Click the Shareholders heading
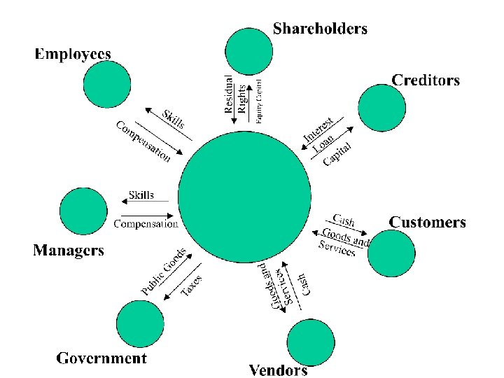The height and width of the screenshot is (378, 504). point(320,29)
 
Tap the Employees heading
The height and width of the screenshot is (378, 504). point(73,53)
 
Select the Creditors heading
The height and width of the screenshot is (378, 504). point(426,80)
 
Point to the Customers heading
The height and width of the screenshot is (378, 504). point(427,223)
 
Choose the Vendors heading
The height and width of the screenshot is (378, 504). point(278,370)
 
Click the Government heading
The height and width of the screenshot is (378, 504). point(101,358)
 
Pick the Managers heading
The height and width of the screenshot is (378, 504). point(69,250)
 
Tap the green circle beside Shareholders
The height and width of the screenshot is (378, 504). point(248,51)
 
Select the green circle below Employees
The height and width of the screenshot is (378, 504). point(106,84)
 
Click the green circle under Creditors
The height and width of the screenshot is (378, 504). point(381,107)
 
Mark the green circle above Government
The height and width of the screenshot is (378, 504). point(139,323)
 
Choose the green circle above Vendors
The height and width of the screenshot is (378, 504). point(311,342)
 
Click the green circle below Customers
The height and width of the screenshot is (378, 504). point(391,253)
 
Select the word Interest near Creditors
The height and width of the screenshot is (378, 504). point(322,129)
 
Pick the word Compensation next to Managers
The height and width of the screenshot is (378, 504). point(146,224)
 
